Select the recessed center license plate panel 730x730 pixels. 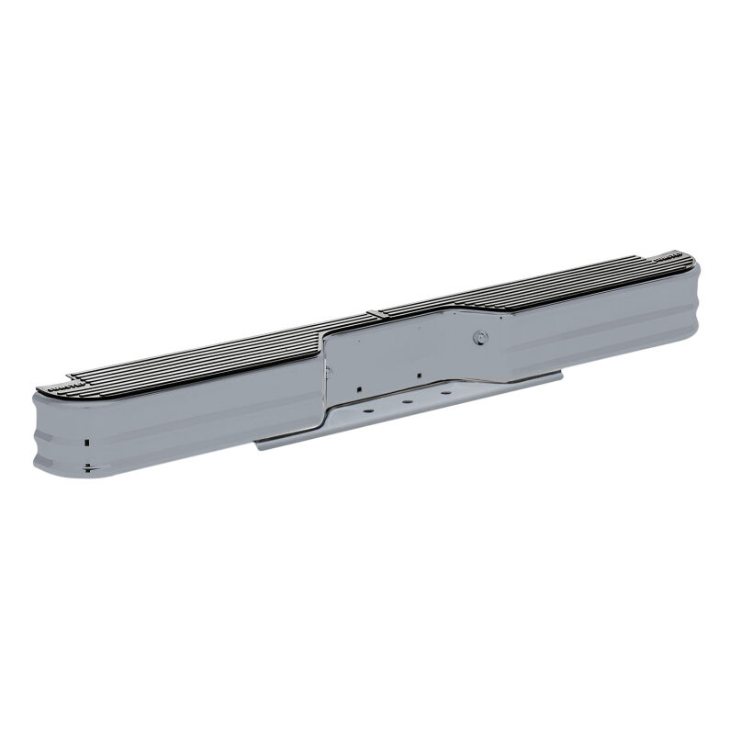pos(404,354)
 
